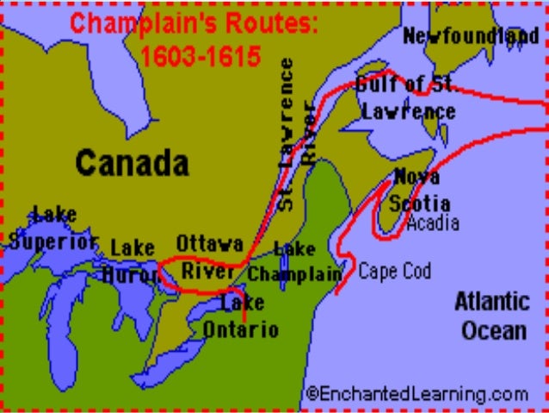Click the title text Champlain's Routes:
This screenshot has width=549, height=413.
[194, 23]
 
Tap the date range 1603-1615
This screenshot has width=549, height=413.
[200, 57]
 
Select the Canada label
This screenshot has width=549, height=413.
[131, 162]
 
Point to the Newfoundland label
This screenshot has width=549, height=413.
[471, 36]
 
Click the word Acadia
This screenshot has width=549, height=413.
[433, 223]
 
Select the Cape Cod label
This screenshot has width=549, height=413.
[394, 271]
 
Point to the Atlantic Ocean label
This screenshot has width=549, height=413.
[492, 316]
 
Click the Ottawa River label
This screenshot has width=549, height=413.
[210, 256]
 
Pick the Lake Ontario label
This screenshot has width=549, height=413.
[242, 316]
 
